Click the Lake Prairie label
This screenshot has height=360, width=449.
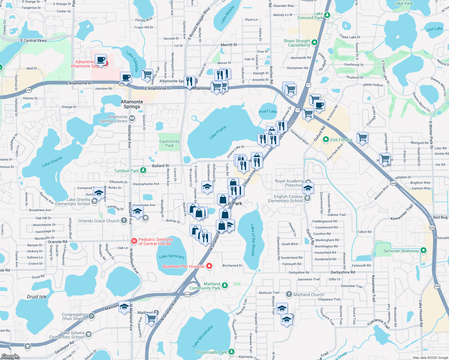tap(218, 133)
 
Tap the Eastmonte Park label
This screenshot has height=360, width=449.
tap(169, 143)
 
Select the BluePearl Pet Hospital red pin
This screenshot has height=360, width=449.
tap(209, 266)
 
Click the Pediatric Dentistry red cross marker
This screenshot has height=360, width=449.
tap(134, 241)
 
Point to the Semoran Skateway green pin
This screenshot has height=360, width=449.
tap(423, 250)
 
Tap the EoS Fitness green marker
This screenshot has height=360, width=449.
tap(326, 139)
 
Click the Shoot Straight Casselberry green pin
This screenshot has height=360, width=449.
tap(315, 43)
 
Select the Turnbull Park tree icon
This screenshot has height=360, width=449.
tap(143, 170)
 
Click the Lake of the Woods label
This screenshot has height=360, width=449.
tap(253, 240)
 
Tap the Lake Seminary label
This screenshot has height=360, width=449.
tap(172, 256)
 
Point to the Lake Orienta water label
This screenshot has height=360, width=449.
tap(52, 162)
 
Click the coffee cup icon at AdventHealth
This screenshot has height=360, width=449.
tap(101, 59)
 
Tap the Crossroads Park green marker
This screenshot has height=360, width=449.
tap(231, 352)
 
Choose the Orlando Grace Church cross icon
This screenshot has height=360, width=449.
tap(124, 220)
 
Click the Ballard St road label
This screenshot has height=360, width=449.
tap(161, 166)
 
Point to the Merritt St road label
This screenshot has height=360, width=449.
tap(229, 45)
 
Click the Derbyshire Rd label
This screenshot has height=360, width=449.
tap(343, 272)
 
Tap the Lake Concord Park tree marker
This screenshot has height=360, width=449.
tap(327, 15)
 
